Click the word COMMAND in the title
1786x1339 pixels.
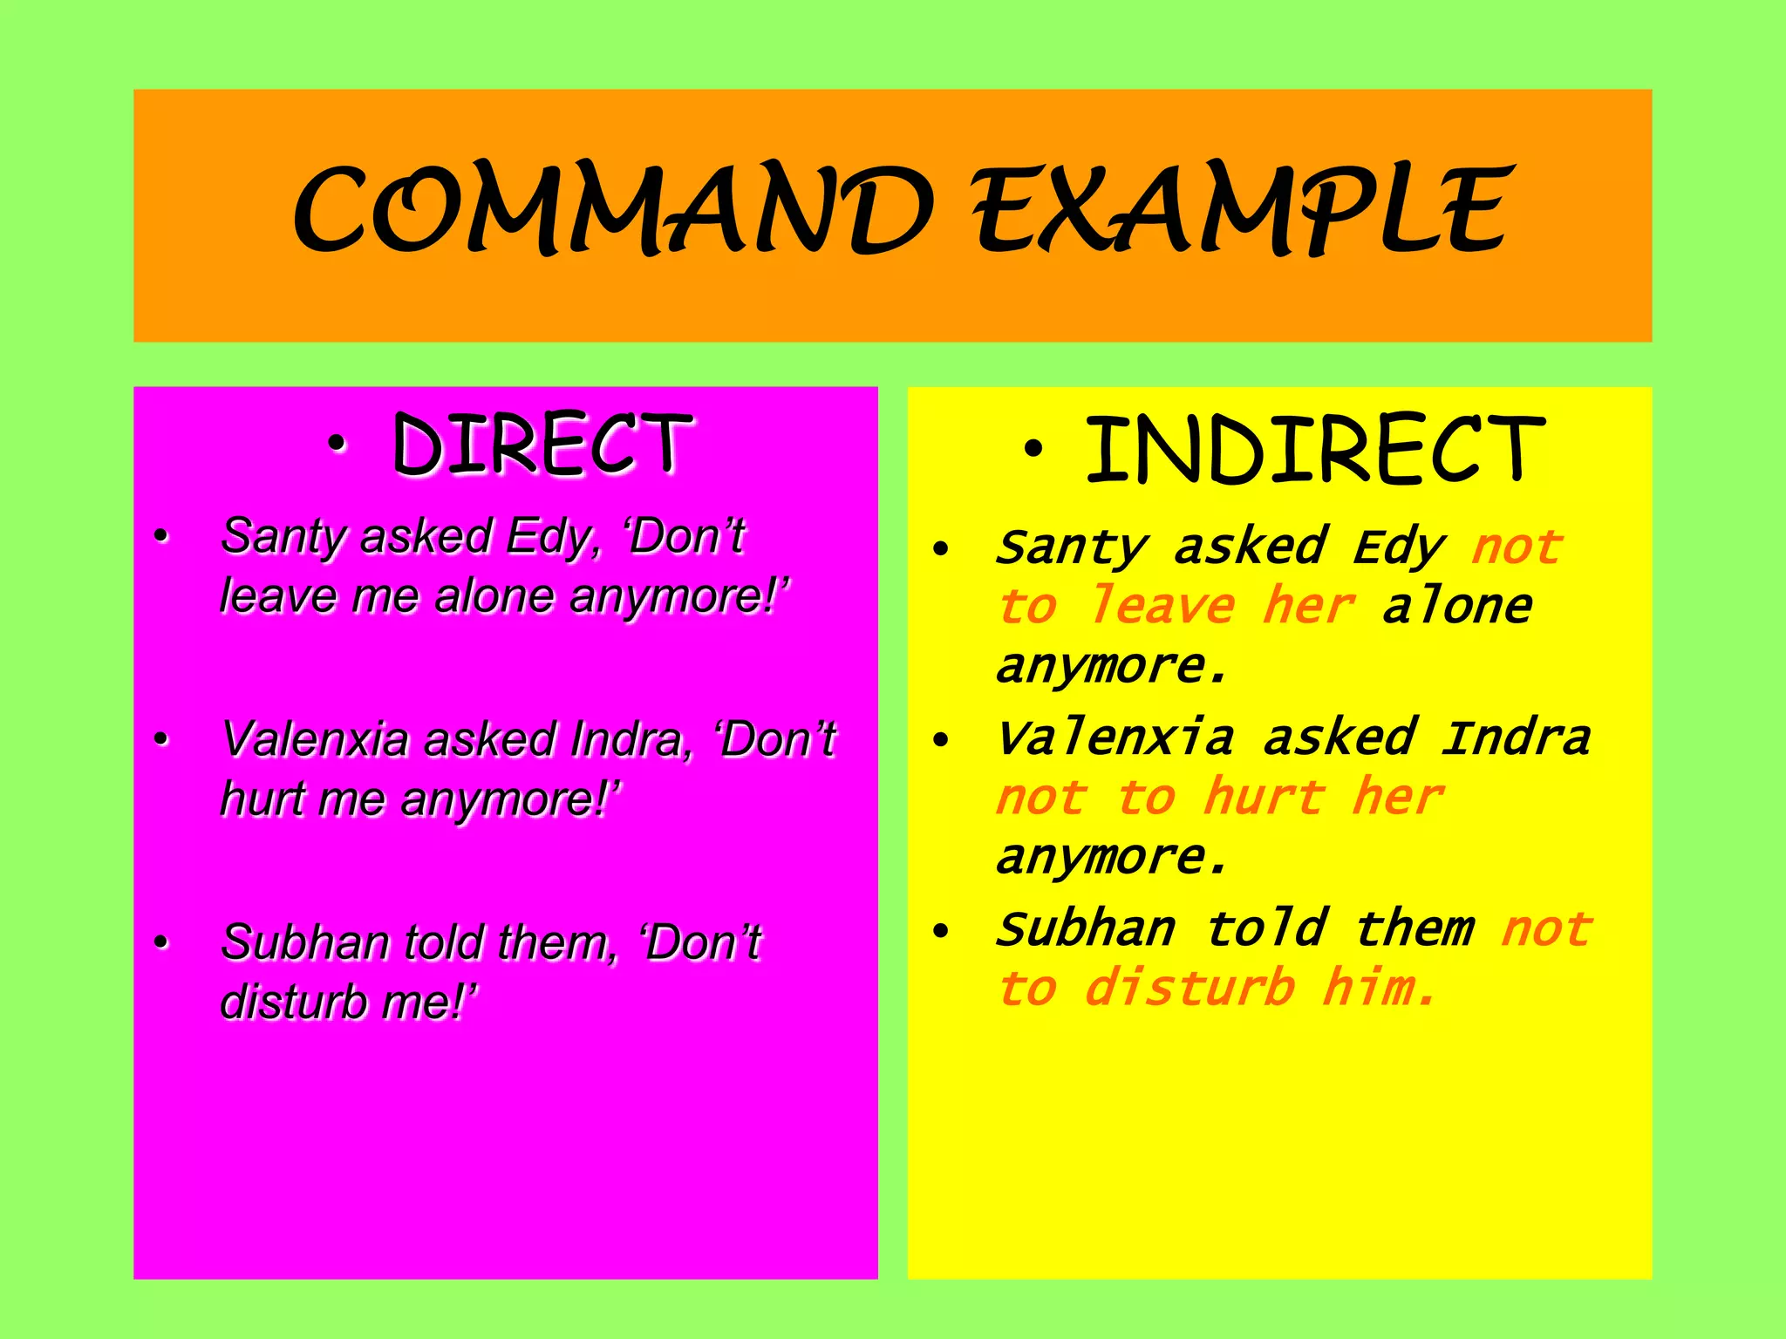pos(610,212)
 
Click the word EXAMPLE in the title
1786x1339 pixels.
pos(1242,212)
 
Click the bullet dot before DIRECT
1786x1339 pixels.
pos(337,447)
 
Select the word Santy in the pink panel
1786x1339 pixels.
pos(283,536)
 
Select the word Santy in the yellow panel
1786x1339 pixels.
pos(1072,548)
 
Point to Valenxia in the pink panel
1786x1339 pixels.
pos(315,740)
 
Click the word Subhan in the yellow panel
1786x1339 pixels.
pos(1087,929)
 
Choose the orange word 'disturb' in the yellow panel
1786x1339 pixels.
pos(1190,989)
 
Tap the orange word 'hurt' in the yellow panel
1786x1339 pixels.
pos(1264,798)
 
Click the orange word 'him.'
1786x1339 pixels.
pos(1378,989)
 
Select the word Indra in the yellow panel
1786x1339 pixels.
pos(1516,738)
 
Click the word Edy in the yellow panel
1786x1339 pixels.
pos(1399,548)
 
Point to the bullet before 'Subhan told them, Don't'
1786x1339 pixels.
pos(160,943)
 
